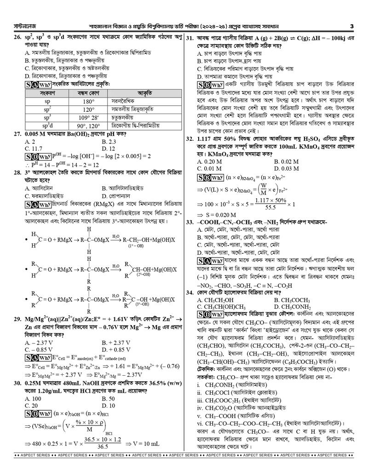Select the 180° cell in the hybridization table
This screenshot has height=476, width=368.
click(88, 101)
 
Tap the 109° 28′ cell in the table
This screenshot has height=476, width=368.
click(88, 118)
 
